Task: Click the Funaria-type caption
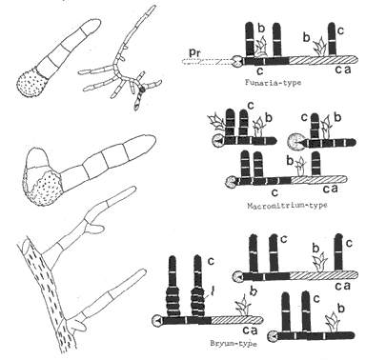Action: coord(273,83)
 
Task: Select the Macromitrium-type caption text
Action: coord(287,205)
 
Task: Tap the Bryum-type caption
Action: coord(234,343)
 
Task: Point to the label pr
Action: coord(194,53)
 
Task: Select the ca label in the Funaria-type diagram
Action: coord(343,70)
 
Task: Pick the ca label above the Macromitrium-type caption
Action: coord(330,189)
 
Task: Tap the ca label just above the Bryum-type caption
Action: coord(250,330)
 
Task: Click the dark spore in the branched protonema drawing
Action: coord(143,90)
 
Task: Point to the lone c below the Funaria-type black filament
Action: coord(260,70)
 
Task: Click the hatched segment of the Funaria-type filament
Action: coord(323,60)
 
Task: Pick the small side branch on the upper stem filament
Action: coord(95,228)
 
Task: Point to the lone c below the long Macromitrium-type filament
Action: coord(275,192)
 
